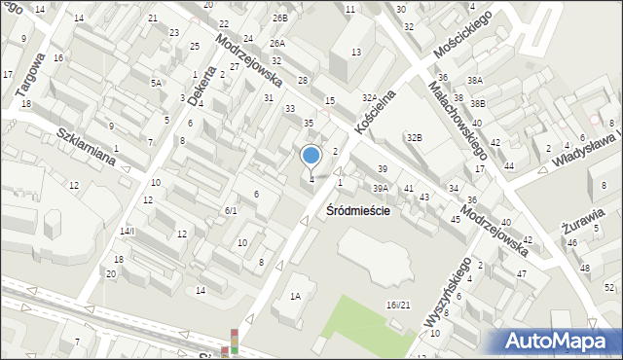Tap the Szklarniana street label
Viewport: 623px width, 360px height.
(93, 146)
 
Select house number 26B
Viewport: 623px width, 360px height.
(280, 18)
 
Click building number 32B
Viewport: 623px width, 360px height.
(415, 138)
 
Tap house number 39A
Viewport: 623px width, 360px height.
(381, 188)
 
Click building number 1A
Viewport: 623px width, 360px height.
(294, 296)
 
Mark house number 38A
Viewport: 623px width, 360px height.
(474, 81)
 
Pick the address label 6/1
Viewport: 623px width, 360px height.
(231, 210)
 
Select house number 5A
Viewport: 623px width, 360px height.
(156, 84)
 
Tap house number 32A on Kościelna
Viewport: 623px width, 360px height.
(369, 98)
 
